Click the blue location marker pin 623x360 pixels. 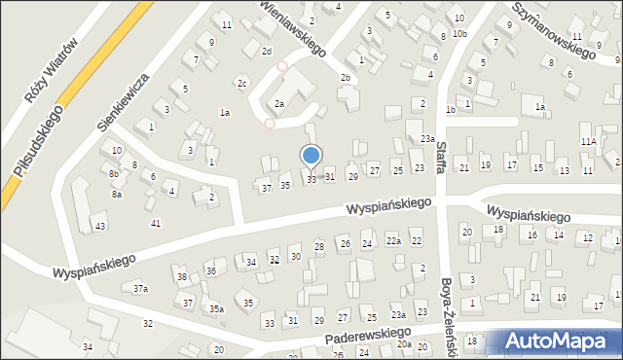[311, 156]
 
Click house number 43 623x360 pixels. [99, 227]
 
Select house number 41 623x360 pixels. [156, 224]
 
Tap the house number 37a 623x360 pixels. [141, 289]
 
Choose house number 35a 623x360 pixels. [216, 308]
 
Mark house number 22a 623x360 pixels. [393, 240]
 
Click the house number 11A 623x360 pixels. [589, 141]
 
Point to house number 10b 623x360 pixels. [459, 34]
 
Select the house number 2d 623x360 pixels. [266, 51]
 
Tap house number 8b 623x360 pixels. [114, 173]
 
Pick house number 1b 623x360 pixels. [450, 110]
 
